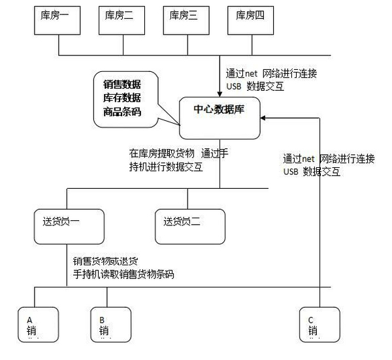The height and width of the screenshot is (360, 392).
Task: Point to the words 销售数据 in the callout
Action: tap(122, 85)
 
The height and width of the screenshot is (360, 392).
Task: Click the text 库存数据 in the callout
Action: tap(122, 98)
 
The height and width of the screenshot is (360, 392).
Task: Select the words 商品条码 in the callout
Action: tap(122, 111)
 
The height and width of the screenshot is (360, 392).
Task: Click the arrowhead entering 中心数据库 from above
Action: tap(220, 93)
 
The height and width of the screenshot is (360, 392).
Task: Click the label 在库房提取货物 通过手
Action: tap(178, 154)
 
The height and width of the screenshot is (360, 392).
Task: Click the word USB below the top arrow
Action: tap(233, 86)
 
